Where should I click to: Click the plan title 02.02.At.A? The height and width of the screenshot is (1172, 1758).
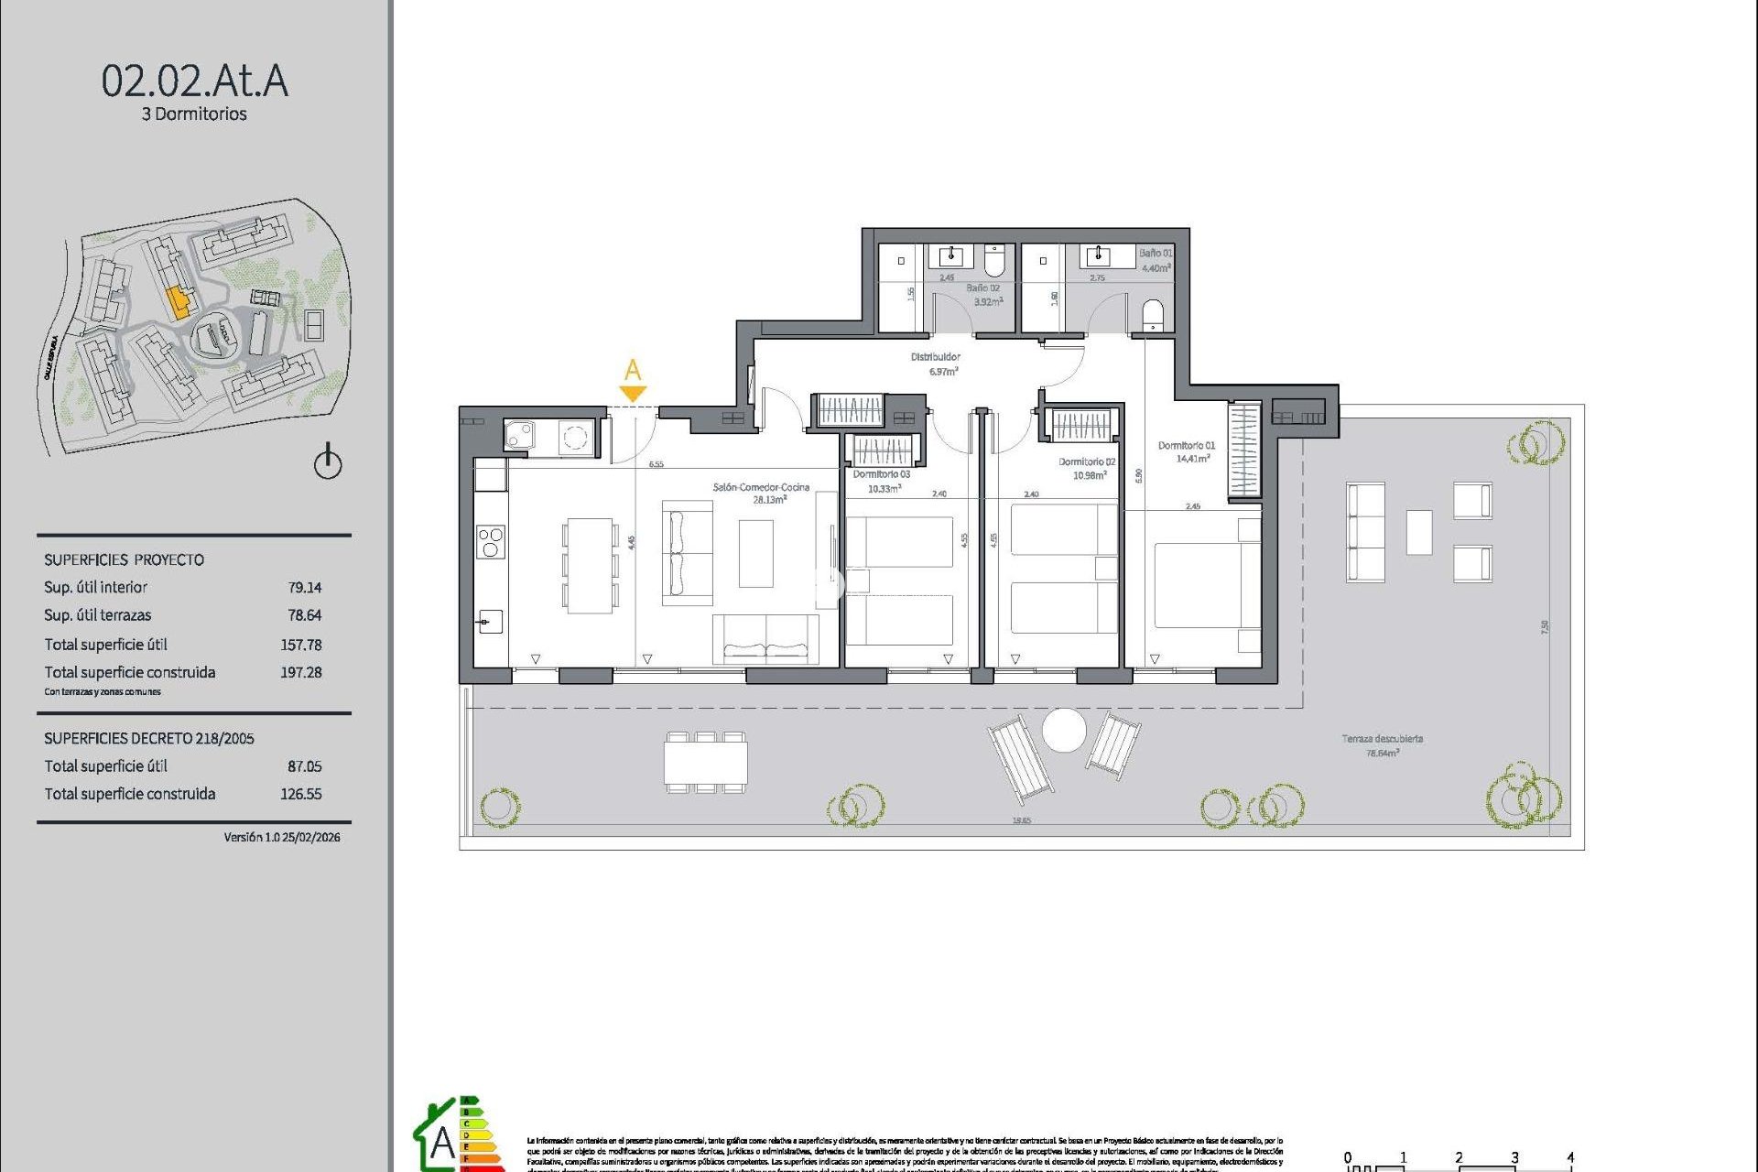[194, 81]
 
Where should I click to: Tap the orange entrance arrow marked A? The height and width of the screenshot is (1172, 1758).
[633, 393]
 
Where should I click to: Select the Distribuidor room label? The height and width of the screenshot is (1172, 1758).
[935, 357]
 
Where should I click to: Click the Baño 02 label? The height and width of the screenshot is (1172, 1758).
[982, 288]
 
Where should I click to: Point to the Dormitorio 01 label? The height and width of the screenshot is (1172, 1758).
[1186, 446]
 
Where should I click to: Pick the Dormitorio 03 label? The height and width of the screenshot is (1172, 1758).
[881, 474]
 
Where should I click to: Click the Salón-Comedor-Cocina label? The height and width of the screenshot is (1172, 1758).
[761, 488]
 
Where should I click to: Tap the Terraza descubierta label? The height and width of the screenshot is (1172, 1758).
[1382, 739]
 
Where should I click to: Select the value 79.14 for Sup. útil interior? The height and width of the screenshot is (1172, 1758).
[304, 588]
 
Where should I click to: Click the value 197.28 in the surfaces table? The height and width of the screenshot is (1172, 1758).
[300, 672]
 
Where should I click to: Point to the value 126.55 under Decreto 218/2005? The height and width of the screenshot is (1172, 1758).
[300, 794]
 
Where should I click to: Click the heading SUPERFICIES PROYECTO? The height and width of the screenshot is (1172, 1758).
[124, 559]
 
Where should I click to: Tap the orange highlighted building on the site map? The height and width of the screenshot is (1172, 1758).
[179, 300]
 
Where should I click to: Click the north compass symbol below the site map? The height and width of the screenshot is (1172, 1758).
[328, 462]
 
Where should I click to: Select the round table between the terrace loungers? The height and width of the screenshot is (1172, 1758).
[1064, 731]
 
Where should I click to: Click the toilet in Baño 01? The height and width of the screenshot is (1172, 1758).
[1153, 315]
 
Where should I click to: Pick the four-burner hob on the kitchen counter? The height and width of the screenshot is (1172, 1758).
[490, 542]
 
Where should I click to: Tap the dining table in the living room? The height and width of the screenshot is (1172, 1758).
[589, 565]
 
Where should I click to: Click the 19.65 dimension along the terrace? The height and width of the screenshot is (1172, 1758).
[1021, 820]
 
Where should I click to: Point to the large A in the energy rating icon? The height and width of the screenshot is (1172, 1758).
[442, 1143]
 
